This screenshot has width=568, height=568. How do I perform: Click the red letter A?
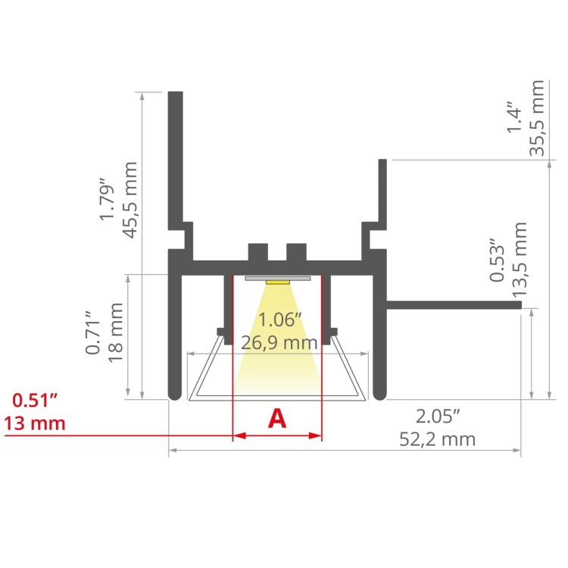point(278,418)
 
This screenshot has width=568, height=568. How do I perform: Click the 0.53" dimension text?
point(497,261)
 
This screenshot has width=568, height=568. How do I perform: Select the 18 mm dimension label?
point(116,332)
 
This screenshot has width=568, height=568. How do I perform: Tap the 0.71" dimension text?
point(93,332)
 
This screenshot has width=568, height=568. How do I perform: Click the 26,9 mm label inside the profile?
point(279,343)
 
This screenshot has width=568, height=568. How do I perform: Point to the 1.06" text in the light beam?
point(279,321)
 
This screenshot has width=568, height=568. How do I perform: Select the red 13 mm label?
point(34,423)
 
